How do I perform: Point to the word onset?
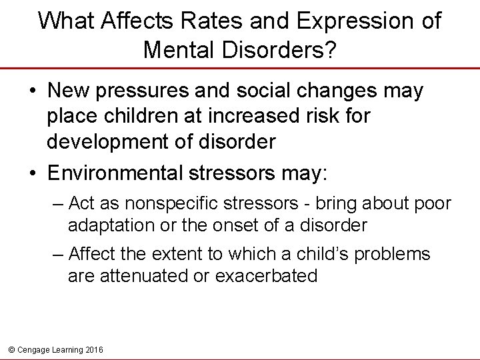pyautogui.click(x=239, y=225)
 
